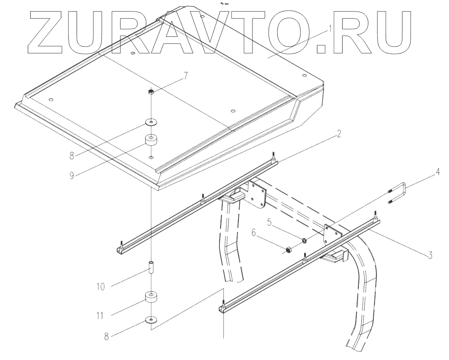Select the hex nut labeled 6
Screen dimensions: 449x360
click(x=288, y=250)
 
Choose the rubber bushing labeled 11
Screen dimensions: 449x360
click(x=151, y=298)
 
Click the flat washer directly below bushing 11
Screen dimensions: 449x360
click(x=151, y=320)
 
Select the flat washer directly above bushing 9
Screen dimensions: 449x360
click(x=151, y=122)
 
